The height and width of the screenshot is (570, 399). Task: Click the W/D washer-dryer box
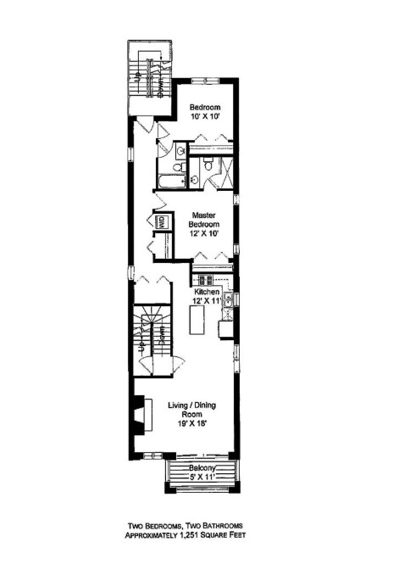160,223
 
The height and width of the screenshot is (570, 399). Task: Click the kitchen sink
227,299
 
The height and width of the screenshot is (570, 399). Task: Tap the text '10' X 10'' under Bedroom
206,118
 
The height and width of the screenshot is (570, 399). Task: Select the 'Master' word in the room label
205,215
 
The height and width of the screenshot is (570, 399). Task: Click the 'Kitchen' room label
207,291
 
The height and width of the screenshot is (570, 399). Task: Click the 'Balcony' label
202,469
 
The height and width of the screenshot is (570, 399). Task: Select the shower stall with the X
226,174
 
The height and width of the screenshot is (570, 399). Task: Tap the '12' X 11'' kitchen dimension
208,300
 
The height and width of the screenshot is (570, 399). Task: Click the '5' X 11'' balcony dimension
201,478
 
